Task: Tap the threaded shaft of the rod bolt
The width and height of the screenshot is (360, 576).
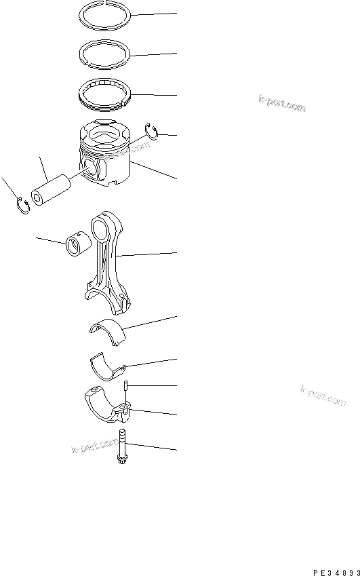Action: (x=122, y=444)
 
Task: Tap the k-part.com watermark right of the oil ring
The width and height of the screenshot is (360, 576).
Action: (x=281, y=102)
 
